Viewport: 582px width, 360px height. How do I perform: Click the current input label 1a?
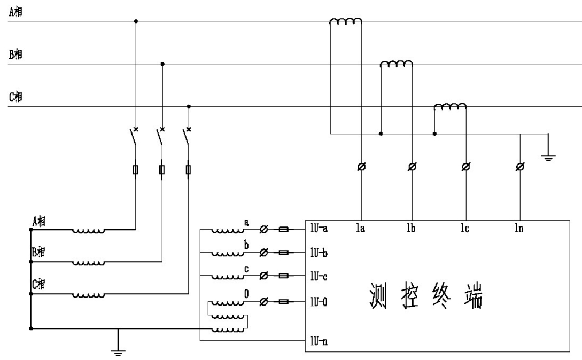click(x=361, y=229)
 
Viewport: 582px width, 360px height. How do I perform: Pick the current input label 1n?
click(x=519, y=229)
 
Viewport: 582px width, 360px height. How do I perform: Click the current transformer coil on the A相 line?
click(x=346, y=21)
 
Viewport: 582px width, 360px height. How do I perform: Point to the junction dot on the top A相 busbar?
click(x=136, y=21)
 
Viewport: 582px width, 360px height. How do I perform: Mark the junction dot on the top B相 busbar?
click(x=162, y=64)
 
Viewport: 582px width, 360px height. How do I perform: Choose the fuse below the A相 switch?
click(x=135, y=170)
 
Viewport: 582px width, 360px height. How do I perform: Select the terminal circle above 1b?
click(x=413, y=167)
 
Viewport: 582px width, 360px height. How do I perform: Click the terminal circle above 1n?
click(x=520, y=167)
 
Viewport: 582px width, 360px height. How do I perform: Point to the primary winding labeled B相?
click(x=89, y=262)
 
